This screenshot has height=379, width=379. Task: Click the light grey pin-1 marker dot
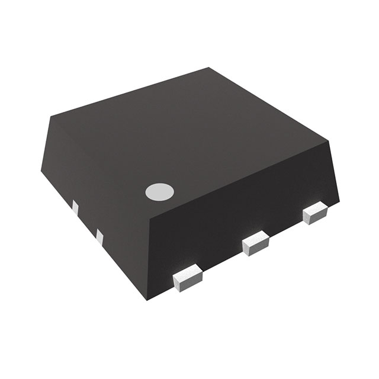point(160,191)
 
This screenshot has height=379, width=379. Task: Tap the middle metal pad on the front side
point(256,243)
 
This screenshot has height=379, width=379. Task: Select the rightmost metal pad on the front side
point(315,213)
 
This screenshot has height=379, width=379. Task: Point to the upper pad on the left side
point(75,208)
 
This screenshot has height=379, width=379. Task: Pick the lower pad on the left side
point(99,237)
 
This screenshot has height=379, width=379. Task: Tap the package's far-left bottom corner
point(41,172)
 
